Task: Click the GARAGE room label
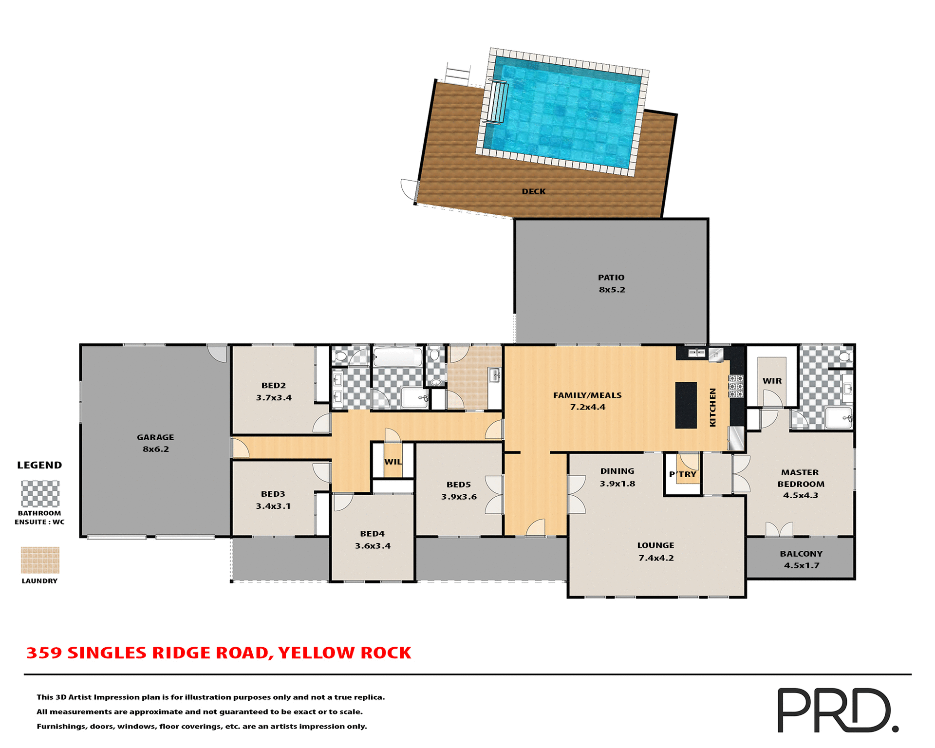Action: click(x=155, y=437)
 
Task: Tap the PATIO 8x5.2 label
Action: click(x=611, y=283)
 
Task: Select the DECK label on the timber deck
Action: click(x=534, y=191)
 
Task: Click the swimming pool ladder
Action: click(x=498, y=103)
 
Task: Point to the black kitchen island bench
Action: click(x=686, y=405)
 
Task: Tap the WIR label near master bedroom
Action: click(x=772, y=381)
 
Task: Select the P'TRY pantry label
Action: click(x=683, y=474)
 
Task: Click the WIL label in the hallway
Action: click(x=393, y=462)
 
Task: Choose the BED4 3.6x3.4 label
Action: click(x=373, y=540)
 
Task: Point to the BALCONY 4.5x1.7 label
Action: click(x=801, y=560)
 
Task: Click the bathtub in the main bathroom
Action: click(x=398, y=357)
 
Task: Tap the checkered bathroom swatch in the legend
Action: click(x=40, y=494)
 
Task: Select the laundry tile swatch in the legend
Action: click(x=40, y=560)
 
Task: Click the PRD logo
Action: click(x=837, y=710)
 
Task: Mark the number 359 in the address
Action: click(x=44, y=653)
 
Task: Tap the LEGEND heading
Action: click(x=39, y=465)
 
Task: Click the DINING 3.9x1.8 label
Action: click(x=617, y=477)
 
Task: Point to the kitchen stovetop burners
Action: click(x=735, y=386)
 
